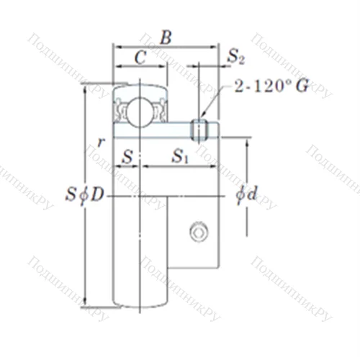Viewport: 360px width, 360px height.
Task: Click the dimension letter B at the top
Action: [165, 37]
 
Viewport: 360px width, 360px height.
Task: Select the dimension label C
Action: [140, 60]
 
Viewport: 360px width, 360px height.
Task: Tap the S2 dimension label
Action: [236, 55]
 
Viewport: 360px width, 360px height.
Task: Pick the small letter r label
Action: [102, 142]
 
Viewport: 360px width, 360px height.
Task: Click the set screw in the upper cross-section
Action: [199, 129]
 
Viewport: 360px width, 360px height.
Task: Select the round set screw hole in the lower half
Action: [197, 232]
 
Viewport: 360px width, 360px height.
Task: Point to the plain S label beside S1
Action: [127, 156]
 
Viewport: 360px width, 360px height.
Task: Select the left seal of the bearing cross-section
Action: [119, 109]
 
